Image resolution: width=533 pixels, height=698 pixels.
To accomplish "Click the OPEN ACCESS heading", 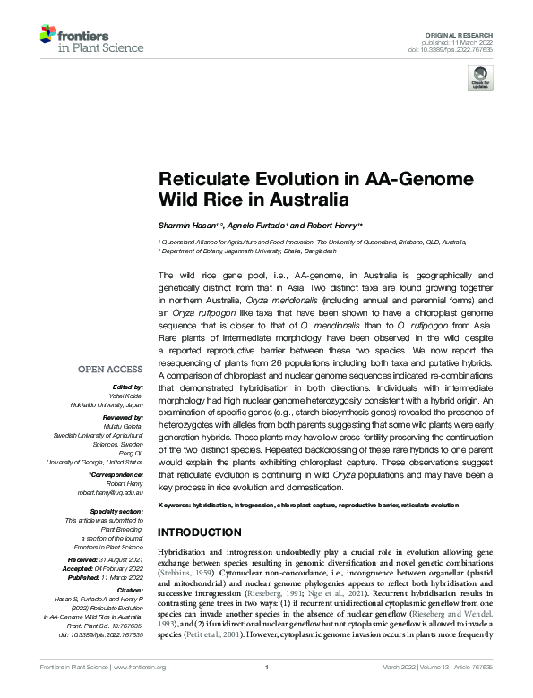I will [109, 369].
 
